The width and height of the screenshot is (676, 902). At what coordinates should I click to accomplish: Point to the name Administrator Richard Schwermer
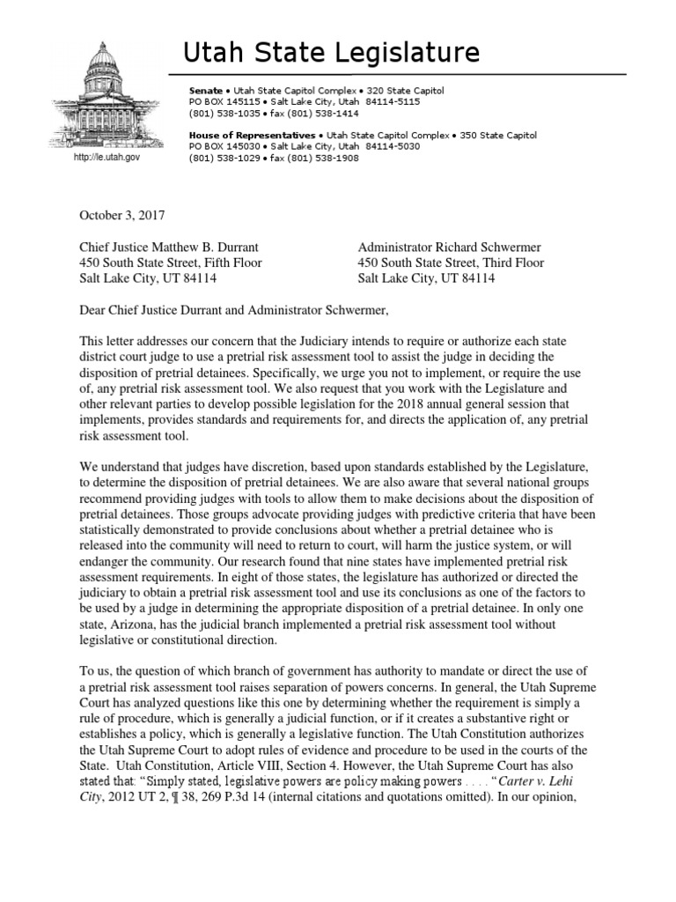[x=449, y=248]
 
